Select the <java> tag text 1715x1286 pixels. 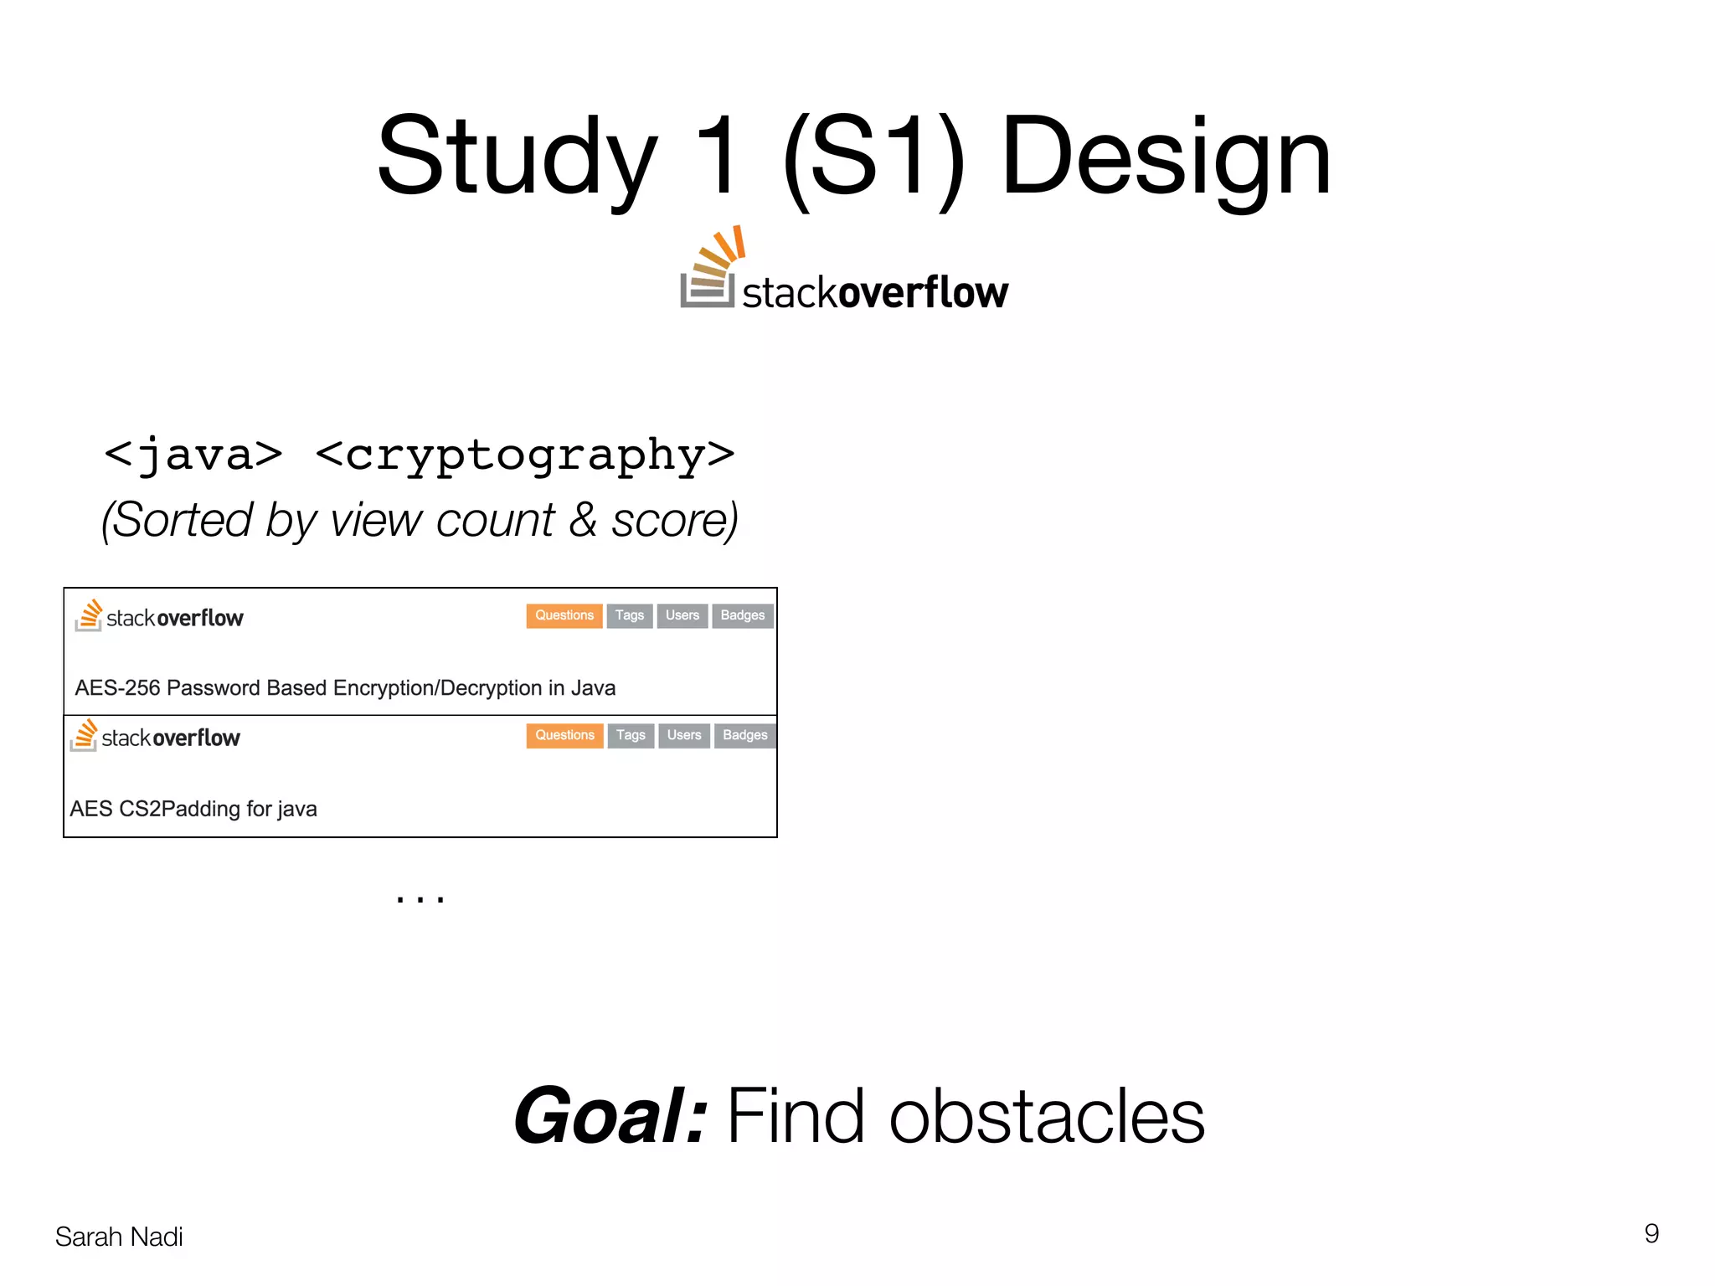coord(193,455)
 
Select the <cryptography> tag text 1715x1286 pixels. coord(525,455)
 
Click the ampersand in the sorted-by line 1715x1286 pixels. coord(583,520)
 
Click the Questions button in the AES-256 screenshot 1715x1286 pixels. coord(564,615)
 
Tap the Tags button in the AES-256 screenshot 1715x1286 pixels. coord(629,615)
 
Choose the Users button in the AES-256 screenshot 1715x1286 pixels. coord(682,615)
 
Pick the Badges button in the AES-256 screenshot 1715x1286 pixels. coord(742,615)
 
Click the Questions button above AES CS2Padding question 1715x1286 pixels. coord(564,735)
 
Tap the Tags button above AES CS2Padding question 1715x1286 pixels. coord(631,735)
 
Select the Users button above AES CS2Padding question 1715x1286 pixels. coord(683,735)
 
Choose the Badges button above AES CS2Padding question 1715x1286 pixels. coord(744,735)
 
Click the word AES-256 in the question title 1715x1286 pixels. coord(117,688)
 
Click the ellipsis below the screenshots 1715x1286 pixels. coord(420,898)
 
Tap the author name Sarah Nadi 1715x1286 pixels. coord(119,1237)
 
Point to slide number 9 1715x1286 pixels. coord(1651,1233)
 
